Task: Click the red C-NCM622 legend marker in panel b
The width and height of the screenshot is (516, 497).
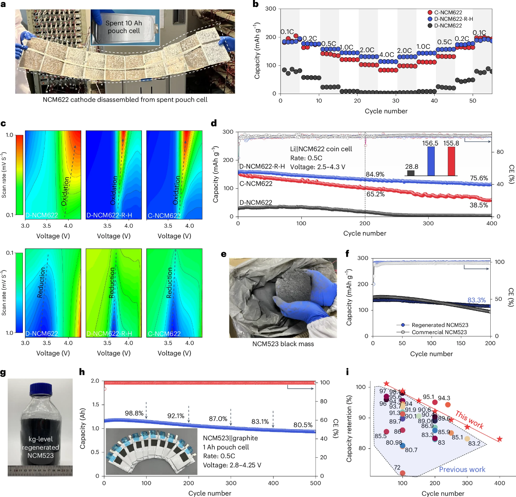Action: (430, 13)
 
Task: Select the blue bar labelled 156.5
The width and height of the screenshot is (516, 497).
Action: (431, 161)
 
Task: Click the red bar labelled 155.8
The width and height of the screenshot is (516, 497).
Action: (451, 161)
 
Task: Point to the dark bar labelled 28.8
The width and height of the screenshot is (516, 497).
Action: (411, 173)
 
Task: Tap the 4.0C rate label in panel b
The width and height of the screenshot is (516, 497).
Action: (387, 55)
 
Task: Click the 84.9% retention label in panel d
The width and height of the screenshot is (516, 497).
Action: (375, 175)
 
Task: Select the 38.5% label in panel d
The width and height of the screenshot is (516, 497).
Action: (478, 205)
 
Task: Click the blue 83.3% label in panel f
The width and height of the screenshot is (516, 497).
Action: (476, 300)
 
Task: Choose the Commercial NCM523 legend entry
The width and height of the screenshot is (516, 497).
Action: (439, 332)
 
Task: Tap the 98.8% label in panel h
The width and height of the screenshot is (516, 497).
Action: (134, 413)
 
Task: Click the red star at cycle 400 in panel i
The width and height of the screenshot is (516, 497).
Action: (499, 439)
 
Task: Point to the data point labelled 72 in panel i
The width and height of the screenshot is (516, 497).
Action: (403, 473)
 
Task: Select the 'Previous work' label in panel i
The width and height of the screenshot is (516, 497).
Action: (462, 470)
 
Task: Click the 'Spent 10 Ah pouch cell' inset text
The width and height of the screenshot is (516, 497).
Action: (124, 27)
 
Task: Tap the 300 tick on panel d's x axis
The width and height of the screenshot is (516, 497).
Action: (428, 223)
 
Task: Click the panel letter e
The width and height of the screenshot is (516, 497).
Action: (223, 254)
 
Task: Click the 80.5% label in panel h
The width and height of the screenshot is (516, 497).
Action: (303, 425)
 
